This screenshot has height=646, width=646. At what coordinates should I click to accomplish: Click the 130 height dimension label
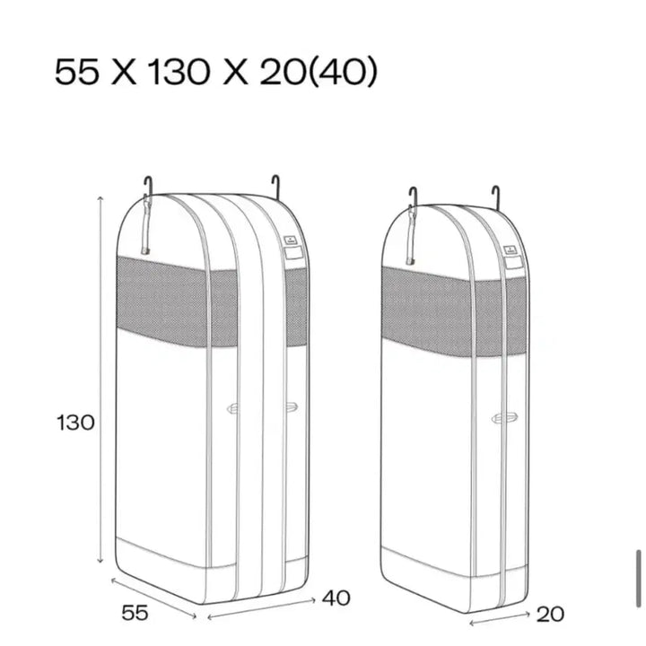pos(75,423)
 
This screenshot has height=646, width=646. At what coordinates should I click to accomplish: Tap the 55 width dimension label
pos(135,613)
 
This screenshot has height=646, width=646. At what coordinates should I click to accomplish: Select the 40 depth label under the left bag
pos(336,598)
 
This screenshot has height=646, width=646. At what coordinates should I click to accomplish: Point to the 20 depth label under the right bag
pos(550,615)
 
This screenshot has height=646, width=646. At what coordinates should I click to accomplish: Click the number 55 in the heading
pos(77,72)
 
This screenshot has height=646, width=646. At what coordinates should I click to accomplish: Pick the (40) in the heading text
pos(343,72)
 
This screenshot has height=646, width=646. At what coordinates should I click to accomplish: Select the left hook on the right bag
pos(413,196)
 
